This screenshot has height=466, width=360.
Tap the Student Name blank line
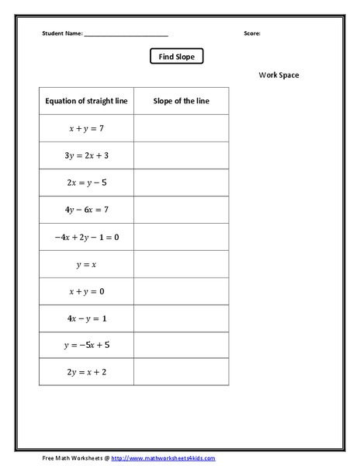(126, 35)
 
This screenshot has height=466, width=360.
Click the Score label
(252, 34)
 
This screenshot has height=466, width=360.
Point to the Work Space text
(279, 75)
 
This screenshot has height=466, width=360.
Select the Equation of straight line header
(86, 101)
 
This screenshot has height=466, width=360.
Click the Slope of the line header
(181, 101)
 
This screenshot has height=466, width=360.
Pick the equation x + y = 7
(86, 128)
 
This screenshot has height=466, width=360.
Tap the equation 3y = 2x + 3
(86, 155)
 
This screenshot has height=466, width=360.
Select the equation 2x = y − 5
(86, 183)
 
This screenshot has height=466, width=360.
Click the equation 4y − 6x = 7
(86, 210)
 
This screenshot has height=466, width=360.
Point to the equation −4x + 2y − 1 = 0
(86, 237)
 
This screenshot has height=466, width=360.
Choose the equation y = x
(86, 264)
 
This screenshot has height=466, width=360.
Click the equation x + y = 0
(86, 291)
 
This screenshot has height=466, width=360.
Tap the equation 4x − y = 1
(86, 318)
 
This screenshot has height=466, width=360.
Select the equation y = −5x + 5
(86, 345)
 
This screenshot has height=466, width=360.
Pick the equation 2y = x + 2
(86, 372)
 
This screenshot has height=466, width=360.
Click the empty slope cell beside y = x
(182, 264)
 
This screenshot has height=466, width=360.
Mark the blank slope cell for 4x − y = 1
(182, 318)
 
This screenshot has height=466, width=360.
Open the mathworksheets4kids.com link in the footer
(163, 458)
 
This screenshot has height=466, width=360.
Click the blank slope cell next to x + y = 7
(182, 128)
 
